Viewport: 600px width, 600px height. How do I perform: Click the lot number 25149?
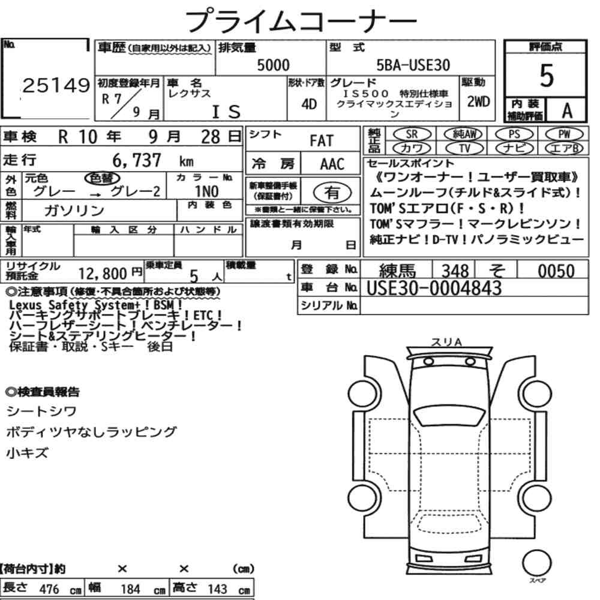pos(56,85)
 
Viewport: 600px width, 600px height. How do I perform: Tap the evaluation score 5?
pos(547,76)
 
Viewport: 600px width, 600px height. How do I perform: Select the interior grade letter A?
pos(567,110)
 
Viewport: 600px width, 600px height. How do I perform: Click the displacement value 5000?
pos(273,65)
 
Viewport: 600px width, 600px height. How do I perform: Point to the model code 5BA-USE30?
pos(413,65)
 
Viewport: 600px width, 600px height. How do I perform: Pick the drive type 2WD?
pos(478,102)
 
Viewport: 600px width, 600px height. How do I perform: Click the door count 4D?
pos(309,104)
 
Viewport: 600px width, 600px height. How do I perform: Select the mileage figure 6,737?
pos(137,160)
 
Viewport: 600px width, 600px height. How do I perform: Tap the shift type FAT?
pos(322,141)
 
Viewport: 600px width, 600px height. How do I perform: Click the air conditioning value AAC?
pos(332,164)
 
